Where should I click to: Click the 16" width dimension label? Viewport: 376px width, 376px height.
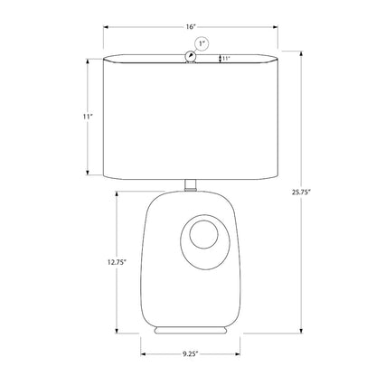pos(191,27)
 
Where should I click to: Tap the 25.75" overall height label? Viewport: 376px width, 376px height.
pos(301,193)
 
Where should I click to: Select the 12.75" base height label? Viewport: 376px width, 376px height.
pos(117,262)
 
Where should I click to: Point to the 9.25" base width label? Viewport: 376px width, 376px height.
pos(191,353)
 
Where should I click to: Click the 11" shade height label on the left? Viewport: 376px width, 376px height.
pos(88,117)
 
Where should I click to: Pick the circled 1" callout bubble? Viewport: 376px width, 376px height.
pos(202,43)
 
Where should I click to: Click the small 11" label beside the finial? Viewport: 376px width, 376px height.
pos(226,59)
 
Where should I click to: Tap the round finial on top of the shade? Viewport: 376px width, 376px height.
pos(190,56)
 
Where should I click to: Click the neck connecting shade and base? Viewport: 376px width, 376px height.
pos(190,185)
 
